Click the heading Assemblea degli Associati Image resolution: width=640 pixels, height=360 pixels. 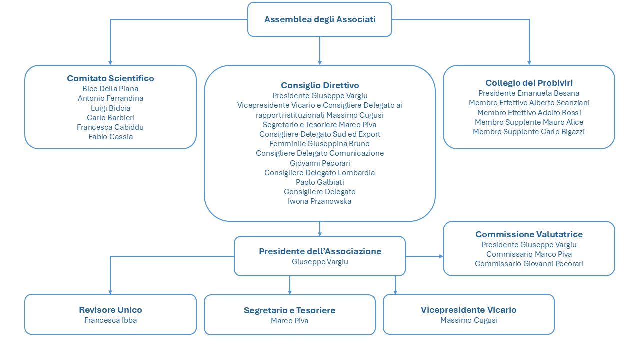click(320, 19)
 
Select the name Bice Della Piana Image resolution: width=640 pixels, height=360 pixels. click(110, 89)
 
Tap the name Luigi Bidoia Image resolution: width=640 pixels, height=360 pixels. click(111, 108)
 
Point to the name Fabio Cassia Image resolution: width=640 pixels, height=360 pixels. click(111, 137)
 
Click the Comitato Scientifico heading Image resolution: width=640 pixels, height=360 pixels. click(111, 78)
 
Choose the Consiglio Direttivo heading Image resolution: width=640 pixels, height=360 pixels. click(320, 85)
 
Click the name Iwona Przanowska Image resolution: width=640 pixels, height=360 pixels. click(319, 201)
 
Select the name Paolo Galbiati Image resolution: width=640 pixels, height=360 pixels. click(320, 182)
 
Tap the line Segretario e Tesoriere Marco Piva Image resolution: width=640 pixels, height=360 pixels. click(319, 125)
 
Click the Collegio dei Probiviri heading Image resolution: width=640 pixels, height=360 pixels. click(529, 83)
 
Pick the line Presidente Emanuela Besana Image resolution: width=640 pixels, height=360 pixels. click(529, 93)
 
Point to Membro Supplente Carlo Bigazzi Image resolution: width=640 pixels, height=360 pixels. click(529, 132)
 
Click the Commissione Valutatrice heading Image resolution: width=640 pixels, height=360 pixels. click(529, 234)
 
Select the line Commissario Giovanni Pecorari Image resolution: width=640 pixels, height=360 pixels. click(529, 264)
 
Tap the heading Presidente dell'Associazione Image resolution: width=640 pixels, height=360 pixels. click(320, 251)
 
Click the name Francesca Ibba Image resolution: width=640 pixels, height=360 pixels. click(111, 320)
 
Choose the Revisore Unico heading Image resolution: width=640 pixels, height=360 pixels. click(111, 310)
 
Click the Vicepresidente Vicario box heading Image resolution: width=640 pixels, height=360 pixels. click(469, 310)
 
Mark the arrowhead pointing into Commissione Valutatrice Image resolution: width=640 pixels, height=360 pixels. click(441, 256)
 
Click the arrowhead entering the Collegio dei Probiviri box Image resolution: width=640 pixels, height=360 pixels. click(529, 63)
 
